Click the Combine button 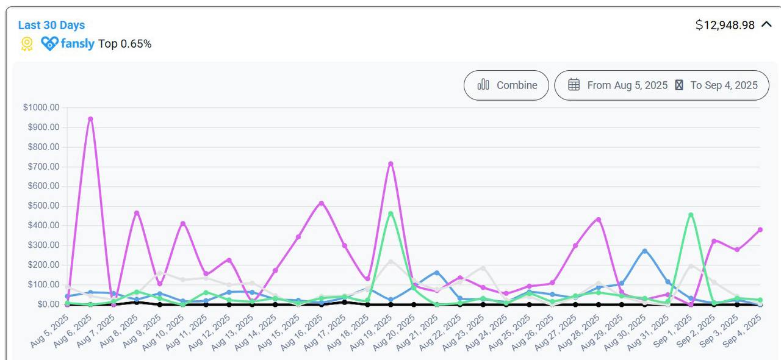[506, 85]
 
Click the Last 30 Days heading [51, 25]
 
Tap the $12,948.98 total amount [725, 25]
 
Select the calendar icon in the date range [574, 85]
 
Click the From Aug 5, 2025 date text [627, 85]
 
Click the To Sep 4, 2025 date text [724, 85]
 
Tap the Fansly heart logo [50, 43]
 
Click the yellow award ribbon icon [27, 43]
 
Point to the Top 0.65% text [125, 44]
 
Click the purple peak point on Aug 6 [90, 119]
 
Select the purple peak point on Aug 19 [390, 164]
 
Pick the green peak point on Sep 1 [691, 215]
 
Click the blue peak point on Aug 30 [644, 251]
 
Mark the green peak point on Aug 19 [390, 214]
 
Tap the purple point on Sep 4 [760, 229]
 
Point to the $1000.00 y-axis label [41, 107]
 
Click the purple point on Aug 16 [321, 203]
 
